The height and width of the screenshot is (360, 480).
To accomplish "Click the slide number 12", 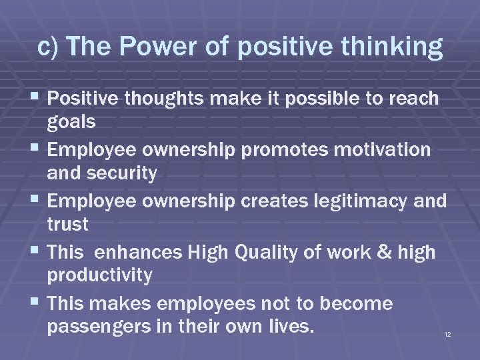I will pyautogui.click(x=447, y=333).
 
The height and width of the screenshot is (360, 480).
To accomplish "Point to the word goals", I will pyautogui.click(x=71, y=123).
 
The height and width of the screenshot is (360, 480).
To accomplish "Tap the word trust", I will pyautogui.click(x=68, y=224).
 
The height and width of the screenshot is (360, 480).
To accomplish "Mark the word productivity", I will pyautogui.click(x=100, y=275).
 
